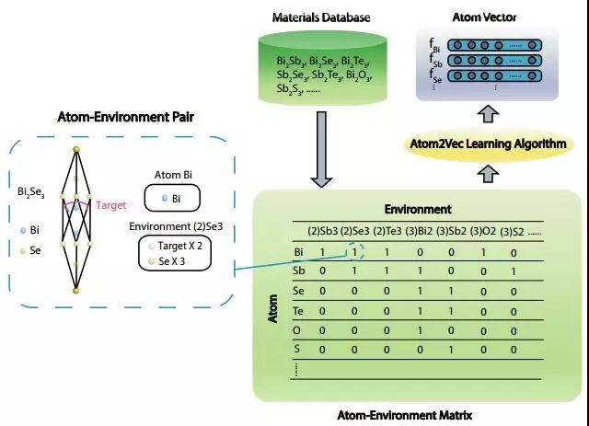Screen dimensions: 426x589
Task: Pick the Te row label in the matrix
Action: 271,311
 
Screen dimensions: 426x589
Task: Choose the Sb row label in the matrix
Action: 272,271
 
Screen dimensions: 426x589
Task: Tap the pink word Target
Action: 110,205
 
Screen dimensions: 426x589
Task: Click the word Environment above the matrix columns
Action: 418,209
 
